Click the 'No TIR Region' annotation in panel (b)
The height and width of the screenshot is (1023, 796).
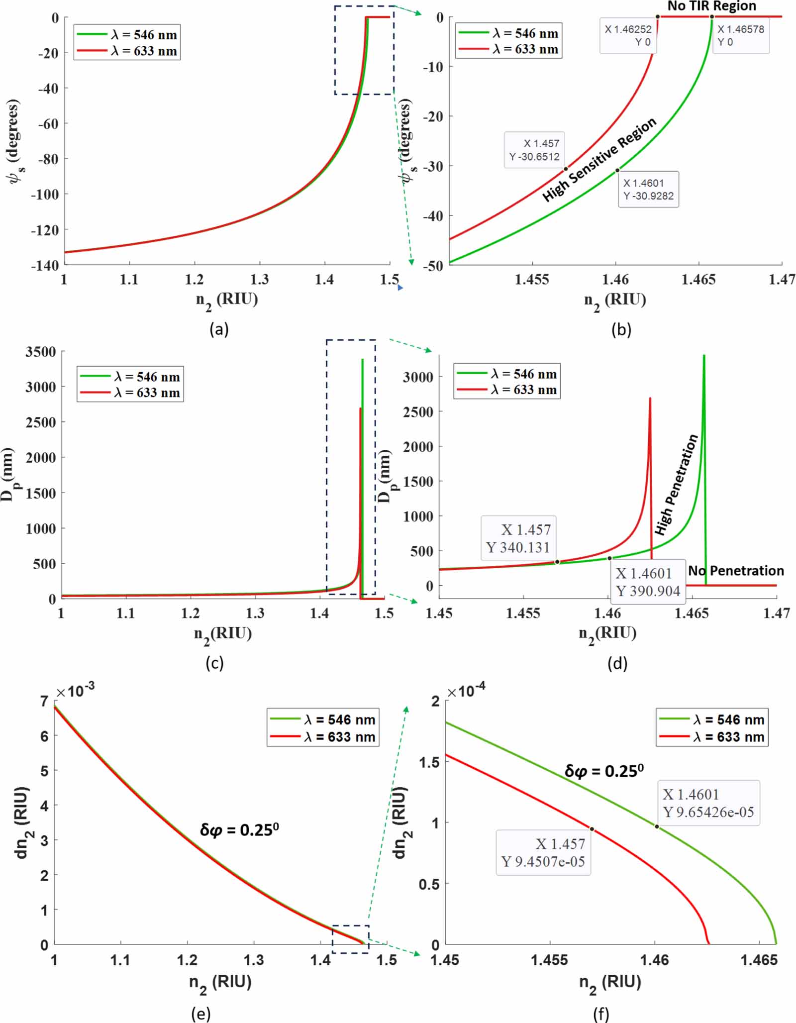[x=711, y=6]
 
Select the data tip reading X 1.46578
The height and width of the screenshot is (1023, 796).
[x=741, y=35]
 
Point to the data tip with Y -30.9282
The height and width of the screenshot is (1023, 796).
[x=648, y=189]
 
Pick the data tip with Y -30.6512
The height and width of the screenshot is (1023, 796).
[x=535, y=150]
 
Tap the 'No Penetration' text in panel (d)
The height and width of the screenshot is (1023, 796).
[x=736, y=571]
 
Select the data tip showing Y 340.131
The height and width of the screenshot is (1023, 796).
[x=518, y=538]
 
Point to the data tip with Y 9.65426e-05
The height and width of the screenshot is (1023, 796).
[x=708, y=803]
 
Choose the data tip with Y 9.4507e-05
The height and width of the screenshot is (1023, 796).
[x=543, y=852]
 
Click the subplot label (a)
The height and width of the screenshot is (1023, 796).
[x=219, y=329]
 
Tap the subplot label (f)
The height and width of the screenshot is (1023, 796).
[x=601, y=1014]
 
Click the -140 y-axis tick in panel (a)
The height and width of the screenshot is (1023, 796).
[x=45, y=265]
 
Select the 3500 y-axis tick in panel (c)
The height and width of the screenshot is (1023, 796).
[x=41, y=352]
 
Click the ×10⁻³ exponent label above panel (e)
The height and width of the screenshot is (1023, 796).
[x=75, y=691]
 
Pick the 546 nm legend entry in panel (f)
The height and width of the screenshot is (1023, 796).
[x=712, y=719]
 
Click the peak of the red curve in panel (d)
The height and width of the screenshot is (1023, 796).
[x=650, y=399]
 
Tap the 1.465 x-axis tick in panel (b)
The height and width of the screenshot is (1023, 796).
[x=698, y=280]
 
